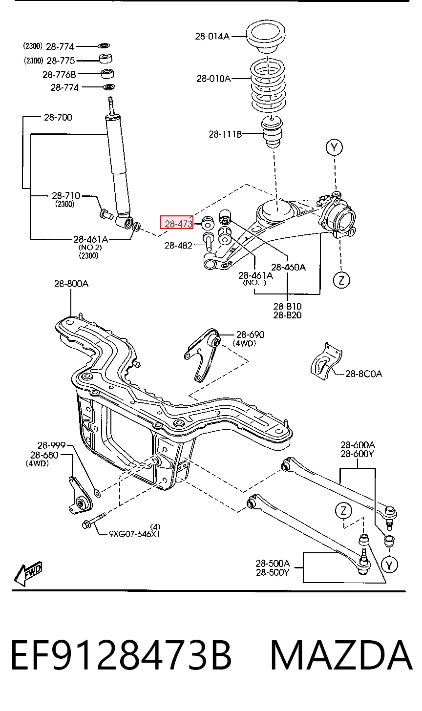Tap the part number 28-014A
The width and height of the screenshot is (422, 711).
[212, 37]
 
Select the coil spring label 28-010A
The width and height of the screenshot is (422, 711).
[213, 79]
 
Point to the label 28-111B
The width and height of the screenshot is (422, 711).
[225, 134]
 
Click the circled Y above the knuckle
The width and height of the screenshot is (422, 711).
[334, 147]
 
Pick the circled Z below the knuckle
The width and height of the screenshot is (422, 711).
[341, 280]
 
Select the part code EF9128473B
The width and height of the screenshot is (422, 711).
[121, 655]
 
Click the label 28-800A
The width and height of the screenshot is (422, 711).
[71, 284]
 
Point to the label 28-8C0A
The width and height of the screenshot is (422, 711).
[363, 374]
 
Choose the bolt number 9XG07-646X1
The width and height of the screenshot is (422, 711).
[134, 534]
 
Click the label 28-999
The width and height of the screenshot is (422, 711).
[51, 445]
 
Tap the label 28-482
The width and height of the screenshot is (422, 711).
[178, 245]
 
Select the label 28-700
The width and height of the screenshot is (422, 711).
[58, 117]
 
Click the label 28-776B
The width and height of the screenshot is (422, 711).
[60, 75]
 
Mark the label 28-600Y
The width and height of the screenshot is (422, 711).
[357, 454]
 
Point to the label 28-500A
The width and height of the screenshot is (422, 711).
[273, 564]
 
